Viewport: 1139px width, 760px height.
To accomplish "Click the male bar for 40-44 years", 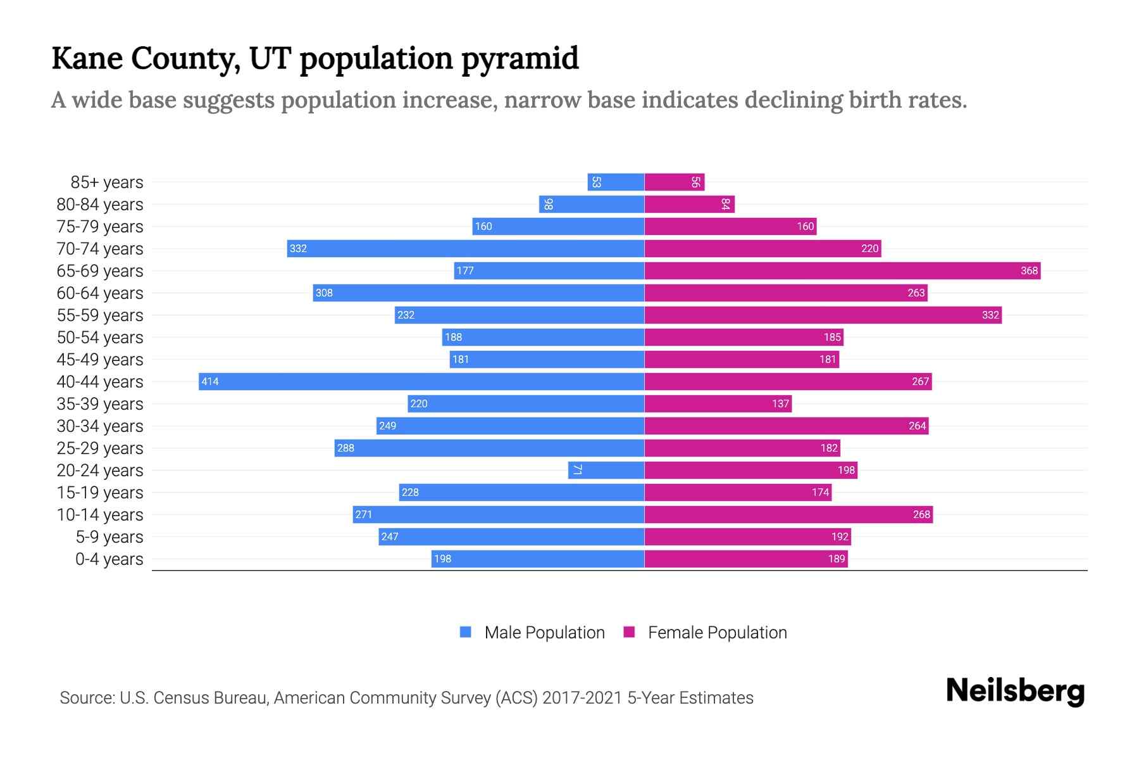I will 421,381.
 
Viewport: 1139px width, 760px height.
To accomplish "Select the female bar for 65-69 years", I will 842,270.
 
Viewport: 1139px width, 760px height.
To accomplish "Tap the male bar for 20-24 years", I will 606,470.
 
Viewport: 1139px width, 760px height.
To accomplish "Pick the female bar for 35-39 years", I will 718,403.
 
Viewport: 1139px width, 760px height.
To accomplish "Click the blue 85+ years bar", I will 616,182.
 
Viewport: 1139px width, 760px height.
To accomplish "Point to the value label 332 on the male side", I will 298,248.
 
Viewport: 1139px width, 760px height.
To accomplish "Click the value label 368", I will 1029,270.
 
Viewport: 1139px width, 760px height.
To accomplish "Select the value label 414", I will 209,381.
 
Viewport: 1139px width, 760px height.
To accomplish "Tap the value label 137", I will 780,403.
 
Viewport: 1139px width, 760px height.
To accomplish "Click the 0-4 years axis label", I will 109,559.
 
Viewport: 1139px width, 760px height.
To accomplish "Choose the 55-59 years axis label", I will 100,315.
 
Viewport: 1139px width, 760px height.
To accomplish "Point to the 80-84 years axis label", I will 100,204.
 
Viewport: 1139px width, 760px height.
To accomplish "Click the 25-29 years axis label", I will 100,448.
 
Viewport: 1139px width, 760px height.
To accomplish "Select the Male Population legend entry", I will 544,632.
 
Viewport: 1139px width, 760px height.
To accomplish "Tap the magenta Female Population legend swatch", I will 629,632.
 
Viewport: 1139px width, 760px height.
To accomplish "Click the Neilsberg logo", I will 1015,691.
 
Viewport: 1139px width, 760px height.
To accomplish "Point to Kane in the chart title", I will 87,58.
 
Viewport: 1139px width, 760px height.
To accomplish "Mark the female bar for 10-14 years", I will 788,514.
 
